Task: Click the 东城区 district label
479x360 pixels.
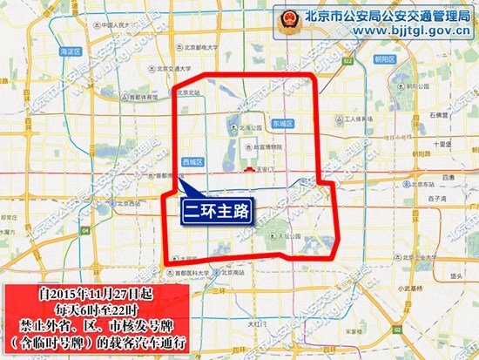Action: [x=284, y=123]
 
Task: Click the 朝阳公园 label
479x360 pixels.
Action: [x=448, y=94]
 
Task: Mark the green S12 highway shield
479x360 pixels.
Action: [x=347, y=62]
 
